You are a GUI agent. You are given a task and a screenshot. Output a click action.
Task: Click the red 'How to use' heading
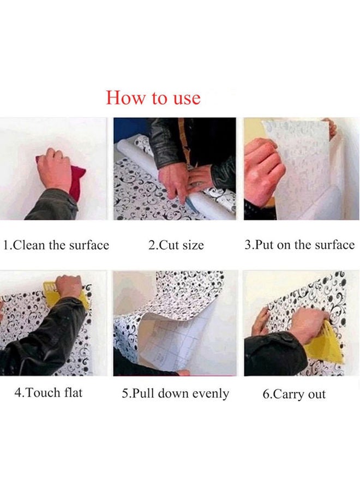(x=153, y=98)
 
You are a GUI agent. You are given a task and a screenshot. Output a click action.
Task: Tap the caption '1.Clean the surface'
(x=56, y=245)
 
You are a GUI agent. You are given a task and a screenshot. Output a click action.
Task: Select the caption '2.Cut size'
(x=176, y=245)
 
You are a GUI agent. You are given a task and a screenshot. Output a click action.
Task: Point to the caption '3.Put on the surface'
(x=299, y=244)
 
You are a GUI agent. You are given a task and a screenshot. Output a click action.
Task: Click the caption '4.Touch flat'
(x=49, y=392)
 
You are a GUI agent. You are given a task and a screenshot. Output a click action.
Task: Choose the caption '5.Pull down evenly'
(x=175, y=393)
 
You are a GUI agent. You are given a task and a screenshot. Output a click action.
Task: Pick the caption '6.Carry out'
(x=294, y=394)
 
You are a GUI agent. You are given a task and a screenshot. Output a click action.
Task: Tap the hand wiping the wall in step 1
(x=55, y=169)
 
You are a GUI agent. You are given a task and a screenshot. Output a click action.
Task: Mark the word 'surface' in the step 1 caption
(x=89, y=245)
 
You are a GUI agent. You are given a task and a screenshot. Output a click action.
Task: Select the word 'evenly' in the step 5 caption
(x=211, y=394)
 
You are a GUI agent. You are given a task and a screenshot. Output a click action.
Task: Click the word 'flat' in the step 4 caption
(x=73, y=392)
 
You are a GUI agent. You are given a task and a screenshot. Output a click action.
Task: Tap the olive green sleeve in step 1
(x=53, y=205)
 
